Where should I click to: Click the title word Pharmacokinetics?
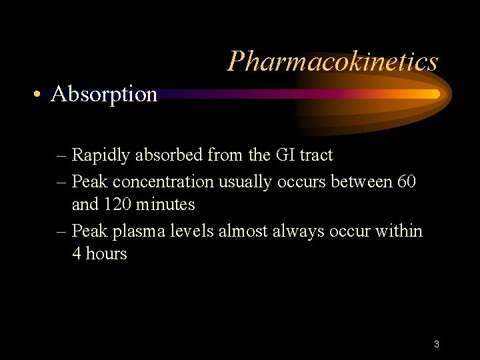coord(333,61)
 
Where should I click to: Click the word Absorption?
coord(104,95)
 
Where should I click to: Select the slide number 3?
coord(436,345)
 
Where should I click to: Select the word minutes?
coord(167,205)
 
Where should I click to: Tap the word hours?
coord(105,254)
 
